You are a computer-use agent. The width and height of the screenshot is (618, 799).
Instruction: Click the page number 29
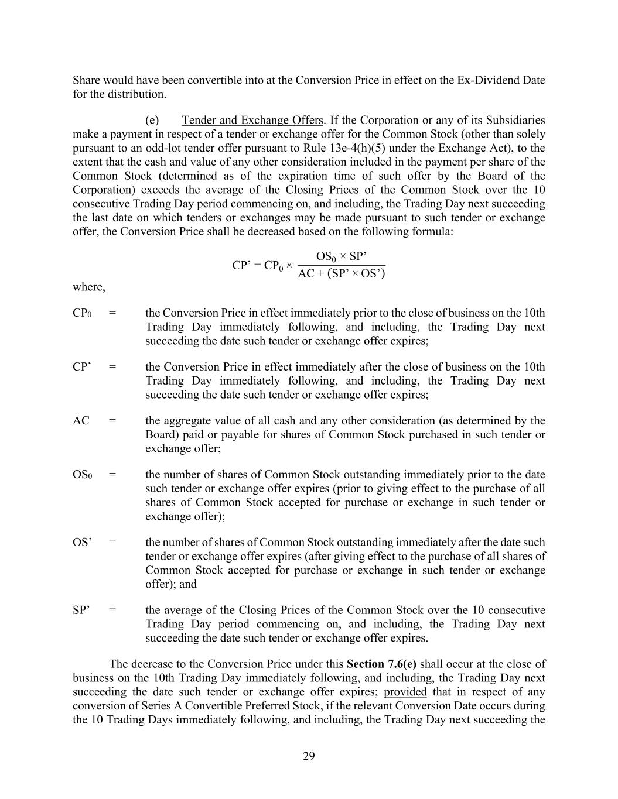click(309, 756)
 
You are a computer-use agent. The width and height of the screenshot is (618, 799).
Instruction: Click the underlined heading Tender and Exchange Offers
click(252, 120)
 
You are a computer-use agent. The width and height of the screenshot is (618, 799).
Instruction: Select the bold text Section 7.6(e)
click(381, 664)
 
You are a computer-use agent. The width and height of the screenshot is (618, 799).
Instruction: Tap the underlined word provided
click(405, 692)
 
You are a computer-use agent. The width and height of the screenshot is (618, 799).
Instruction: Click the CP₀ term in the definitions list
click(82, 313)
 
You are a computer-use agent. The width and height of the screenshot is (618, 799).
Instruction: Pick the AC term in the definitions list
click(81, 421)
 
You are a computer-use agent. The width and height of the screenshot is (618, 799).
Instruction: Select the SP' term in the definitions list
click(81, 611)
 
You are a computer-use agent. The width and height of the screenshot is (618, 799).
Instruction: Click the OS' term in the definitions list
click(82, 543)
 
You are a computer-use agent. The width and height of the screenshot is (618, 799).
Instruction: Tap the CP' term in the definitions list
click(81, 367)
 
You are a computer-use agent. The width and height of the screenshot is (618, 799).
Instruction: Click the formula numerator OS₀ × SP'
click(342, 256)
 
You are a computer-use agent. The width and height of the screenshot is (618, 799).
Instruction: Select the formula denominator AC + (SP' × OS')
click(342, 273)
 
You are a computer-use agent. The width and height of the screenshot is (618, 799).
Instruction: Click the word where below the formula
click(88, 287)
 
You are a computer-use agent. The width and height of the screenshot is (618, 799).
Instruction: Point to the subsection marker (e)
click(152, 120)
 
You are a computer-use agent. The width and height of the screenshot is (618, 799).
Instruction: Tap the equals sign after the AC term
click(112, 421)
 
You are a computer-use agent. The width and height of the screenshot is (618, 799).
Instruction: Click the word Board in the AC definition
click(161, 435)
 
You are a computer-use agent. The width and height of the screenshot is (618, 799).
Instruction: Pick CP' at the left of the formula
click(242, 265)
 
